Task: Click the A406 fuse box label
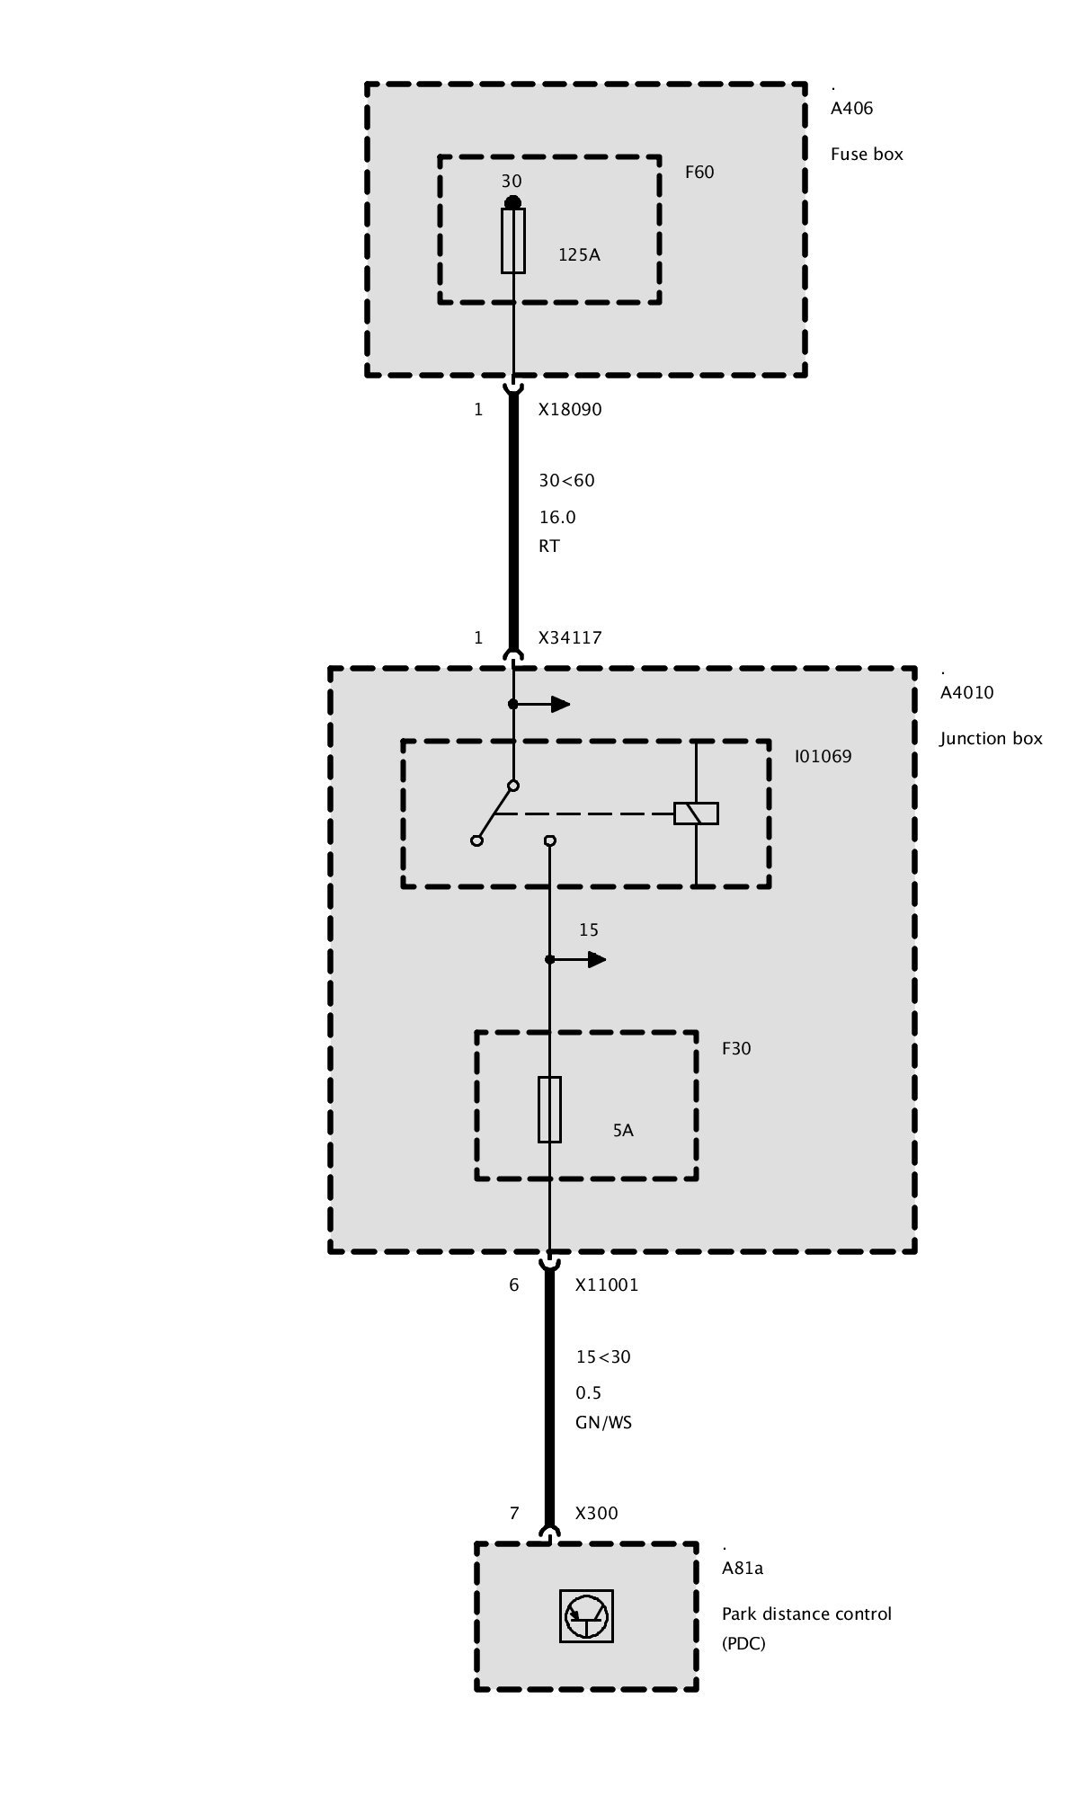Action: (x=851, y=109)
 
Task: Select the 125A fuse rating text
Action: (x=579, y=254)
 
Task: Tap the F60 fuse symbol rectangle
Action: (x=513, y=240)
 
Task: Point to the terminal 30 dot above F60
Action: (x=512, y=202)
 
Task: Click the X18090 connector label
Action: (x=570, y=409)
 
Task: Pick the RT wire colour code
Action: (x=549, y=546)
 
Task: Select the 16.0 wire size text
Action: (x=557, y=517)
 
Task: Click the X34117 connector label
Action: (x=570, y=637)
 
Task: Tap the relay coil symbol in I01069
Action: (x=697, y=814)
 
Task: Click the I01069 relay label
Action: (x=823, y=756)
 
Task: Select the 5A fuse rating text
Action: (x=623, y=1131)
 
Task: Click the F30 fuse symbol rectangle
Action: (x=550, y=1109)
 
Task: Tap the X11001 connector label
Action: (x=607, y=1285)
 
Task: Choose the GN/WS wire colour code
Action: (x=604, y=1423)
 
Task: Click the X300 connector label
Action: (x=597, y=1513)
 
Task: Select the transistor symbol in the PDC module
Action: (x=586, y=1616)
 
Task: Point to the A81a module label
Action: (x=743, y=1569)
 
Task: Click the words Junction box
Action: (x=991, y=738)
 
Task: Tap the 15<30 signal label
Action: (x=603, y=1356)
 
